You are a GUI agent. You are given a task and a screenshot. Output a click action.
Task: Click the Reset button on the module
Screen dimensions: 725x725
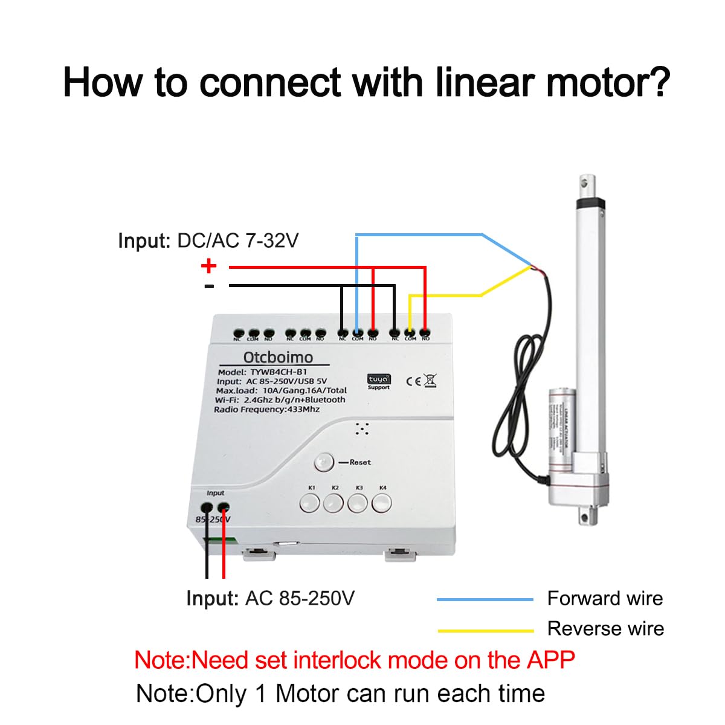(x=324, y=463)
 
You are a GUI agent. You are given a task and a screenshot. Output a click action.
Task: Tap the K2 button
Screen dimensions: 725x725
(x=333, y=502)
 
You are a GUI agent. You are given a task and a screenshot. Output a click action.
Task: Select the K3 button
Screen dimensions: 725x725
(x=358, y=502)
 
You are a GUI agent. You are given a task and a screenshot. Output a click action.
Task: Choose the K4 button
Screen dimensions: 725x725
(x=382, y=502)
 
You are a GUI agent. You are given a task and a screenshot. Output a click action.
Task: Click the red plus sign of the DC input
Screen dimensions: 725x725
(x=208, y=265)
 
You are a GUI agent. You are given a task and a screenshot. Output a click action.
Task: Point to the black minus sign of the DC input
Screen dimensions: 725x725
(x=209, y=286)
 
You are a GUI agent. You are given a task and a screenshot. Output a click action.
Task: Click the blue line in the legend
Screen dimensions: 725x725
(x=485, y=599)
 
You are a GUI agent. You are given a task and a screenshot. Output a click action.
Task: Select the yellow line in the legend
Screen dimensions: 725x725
(x=485, y=631)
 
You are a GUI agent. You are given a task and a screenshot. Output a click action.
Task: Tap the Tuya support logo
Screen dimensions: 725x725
(x=379, y=381)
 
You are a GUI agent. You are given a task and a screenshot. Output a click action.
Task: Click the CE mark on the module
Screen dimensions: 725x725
(x=414, y=381)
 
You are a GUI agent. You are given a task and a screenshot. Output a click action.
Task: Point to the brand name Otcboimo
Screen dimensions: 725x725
(x=278, y=357)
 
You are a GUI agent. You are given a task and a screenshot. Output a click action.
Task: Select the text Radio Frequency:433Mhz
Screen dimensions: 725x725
(x=266, y=409)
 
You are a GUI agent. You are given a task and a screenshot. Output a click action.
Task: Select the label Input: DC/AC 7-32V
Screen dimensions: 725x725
(x=208, y=240)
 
